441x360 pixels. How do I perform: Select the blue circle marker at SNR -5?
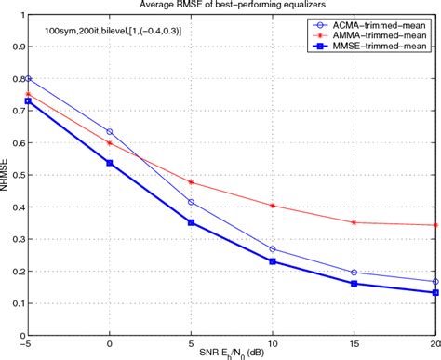(29, 79)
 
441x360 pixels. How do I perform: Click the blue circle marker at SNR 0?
(110, 132)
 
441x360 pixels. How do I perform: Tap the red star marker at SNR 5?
(191, 182)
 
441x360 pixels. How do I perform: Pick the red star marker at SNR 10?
(272, 206)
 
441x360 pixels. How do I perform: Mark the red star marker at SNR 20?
(434, 225)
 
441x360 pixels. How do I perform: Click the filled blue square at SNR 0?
(110, 163)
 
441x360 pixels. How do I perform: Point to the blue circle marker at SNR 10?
(272, 249)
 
